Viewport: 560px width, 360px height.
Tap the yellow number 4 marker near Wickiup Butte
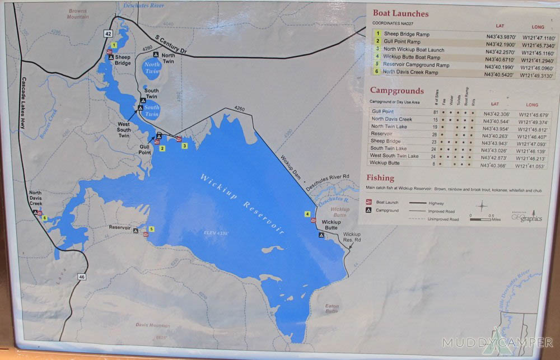tap(307, 214)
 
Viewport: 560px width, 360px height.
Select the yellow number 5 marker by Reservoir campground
tap(151, 228)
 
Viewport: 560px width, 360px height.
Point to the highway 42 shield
tap(108, 34)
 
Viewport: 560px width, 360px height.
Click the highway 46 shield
tap(82, 277)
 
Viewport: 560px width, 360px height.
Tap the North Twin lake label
tap(152, 68)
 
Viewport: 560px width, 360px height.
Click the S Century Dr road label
tap(178, 46)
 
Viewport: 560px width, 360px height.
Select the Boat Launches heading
tap(400, 14)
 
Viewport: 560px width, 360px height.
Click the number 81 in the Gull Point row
tap(435, 112)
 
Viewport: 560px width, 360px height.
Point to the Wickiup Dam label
tap(291, 169)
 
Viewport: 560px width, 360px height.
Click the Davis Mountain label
tap(152, 325)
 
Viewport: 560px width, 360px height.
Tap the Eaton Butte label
tap(332, 308)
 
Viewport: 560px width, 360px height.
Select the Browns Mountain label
tap(78, 13)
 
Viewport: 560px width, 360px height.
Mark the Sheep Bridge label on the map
tap(123, 60)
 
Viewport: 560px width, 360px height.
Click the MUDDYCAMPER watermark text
tap(497, 342)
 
